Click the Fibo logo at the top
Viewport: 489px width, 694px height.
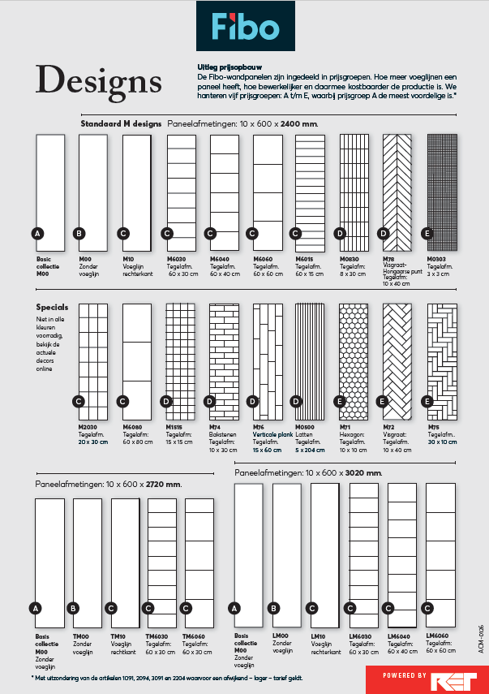(x=244, y=27)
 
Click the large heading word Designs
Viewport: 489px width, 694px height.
(x=99, y=80)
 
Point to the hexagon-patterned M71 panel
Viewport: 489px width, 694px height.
(x=354, y=356)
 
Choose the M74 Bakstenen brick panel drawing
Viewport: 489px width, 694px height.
(x=223, y=356)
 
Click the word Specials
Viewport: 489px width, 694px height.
(x=52, y=308)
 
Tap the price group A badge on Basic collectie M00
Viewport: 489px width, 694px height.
(x=36, y=233)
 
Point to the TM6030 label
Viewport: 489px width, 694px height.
(x=158, y=636)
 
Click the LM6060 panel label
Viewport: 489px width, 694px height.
(x=438, y=636)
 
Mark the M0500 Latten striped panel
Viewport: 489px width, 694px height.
(x=310, y=356)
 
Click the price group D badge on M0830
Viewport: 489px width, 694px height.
(x=340, y=233)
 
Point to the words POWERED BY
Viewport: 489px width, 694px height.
(x=405, y=675)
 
